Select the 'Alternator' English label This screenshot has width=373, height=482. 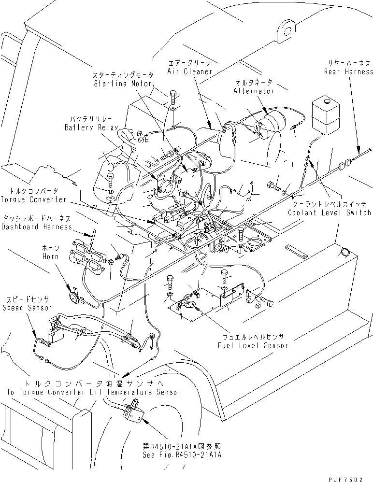coord(253,91)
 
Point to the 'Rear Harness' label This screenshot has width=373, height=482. coord(349,71)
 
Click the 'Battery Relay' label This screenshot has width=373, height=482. coord(92,128)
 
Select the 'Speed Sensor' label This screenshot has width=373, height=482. coord(22,307)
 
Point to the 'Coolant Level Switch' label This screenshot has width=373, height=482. coord(329,212)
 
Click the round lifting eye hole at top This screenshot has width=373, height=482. coord(286,30)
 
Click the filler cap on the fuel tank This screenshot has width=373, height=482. coord(344,251)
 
